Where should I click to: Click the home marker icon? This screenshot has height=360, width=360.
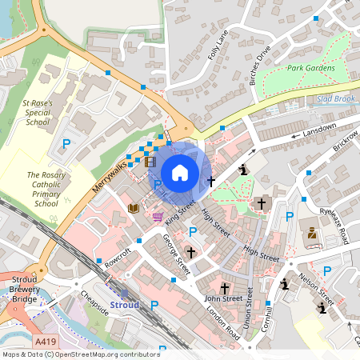point(180,172)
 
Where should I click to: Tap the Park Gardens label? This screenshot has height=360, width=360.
point(310,68)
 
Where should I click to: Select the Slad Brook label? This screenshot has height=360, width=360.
point(335,98)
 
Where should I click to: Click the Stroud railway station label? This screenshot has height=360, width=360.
point(124,305)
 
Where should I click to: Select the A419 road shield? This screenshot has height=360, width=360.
point(45,341)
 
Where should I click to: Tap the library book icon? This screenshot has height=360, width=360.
point(134,208)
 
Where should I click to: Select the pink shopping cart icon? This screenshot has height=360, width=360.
point(158,216)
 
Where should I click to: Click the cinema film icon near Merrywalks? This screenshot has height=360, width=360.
point(150,162)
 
